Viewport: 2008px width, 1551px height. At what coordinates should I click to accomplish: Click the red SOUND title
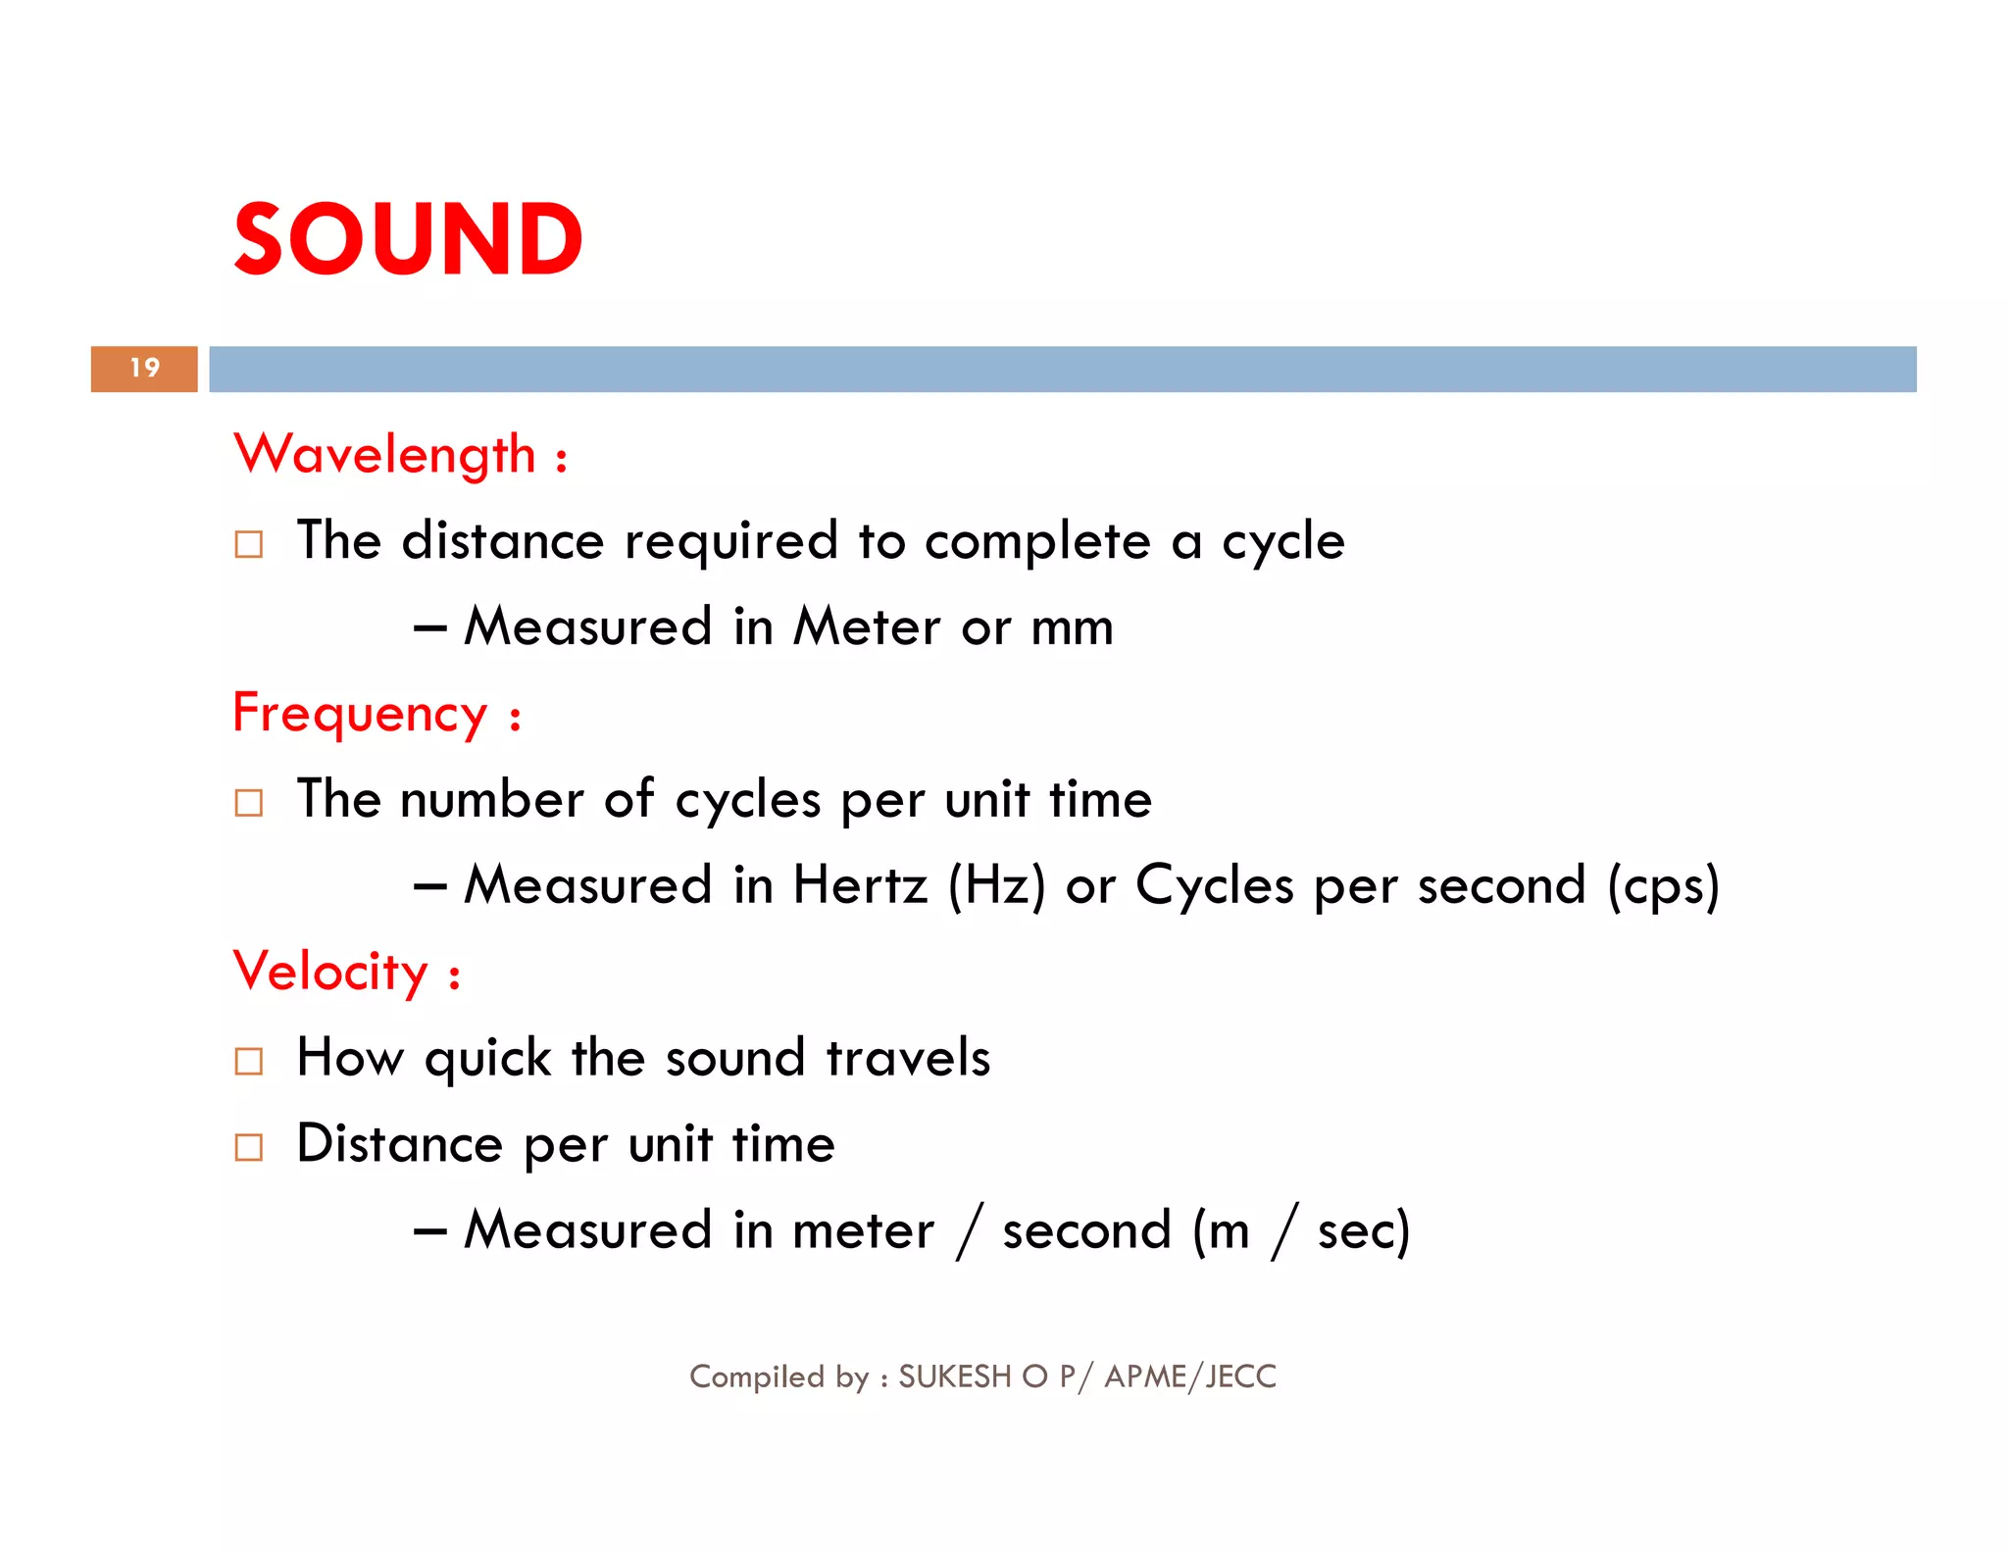(x=408, y=239)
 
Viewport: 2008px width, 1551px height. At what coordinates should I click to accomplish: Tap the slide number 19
(x=144, y=369)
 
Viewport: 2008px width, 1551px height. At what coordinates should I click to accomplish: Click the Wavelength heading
(x=385, y=455)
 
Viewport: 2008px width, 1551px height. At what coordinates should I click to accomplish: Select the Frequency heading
(x=360, y=714)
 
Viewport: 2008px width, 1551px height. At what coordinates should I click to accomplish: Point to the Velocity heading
(x=330, y=973)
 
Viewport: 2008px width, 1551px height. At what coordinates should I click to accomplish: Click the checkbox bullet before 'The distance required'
(x=249, y=544)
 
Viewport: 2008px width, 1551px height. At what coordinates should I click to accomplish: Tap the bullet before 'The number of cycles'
(x=249, y=803)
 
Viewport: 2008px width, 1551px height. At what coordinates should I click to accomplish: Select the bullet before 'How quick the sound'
(x=249, y=1061)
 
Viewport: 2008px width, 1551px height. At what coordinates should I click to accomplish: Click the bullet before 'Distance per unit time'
(x=249, y=1147)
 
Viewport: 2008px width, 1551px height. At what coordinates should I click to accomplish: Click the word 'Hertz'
(x=860, y=885)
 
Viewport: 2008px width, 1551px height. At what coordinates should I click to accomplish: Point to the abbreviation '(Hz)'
(x=996, y=885)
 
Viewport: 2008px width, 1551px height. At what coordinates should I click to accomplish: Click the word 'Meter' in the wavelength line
(x=867, y=627)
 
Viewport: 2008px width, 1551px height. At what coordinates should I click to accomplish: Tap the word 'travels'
(x=908, y=1058)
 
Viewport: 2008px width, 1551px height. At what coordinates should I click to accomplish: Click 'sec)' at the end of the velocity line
(x=1363, y=1231)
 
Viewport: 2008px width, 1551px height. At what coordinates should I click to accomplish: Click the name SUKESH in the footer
(x=954, y=1377)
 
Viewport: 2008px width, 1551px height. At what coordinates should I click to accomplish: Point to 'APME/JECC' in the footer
(x=1190, y=1377)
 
